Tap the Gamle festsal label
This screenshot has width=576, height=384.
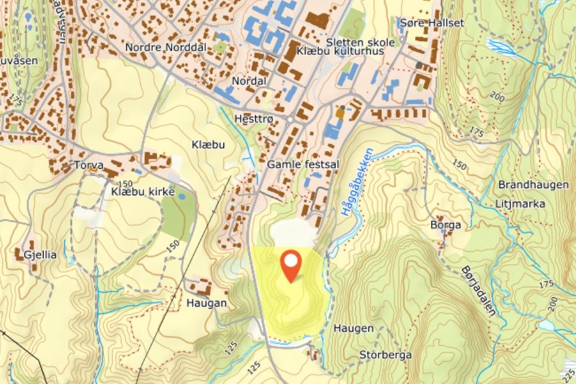point(303,165)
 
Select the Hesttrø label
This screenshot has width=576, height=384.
point(254,118)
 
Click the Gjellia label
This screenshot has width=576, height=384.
point(37,254)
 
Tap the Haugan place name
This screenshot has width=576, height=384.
point(206,303)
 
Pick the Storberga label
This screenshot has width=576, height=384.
point(386,355)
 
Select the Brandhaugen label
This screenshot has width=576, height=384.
point(534,185)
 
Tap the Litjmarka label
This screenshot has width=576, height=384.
point(517,204)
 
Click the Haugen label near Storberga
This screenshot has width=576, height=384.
point(354,328)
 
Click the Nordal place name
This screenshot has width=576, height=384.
point(250,81)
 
